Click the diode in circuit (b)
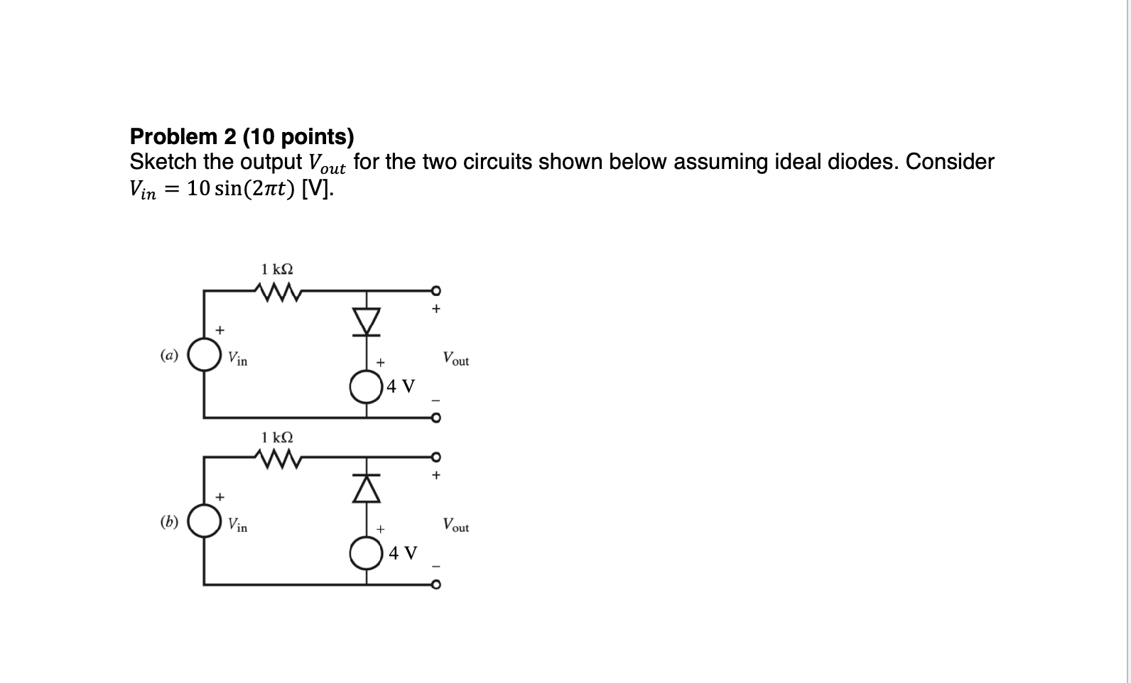(367, 487)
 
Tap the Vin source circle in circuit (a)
(205, 355)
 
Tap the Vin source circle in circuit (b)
(205, 522)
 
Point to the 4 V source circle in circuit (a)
(367, 387)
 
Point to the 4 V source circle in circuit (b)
(367, 553)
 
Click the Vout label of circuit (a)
(455, 359)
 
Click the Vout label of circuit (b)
(455, 525)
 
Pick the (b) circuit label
(169, 522)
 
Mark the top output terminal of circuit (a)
(435, 290)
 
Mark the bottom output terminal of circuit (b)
(435, 585)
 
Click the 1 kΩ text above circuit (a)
(277, 269)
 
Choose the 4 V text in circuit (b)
(403, 552)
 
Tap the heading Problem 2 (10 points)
(242, 136)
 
